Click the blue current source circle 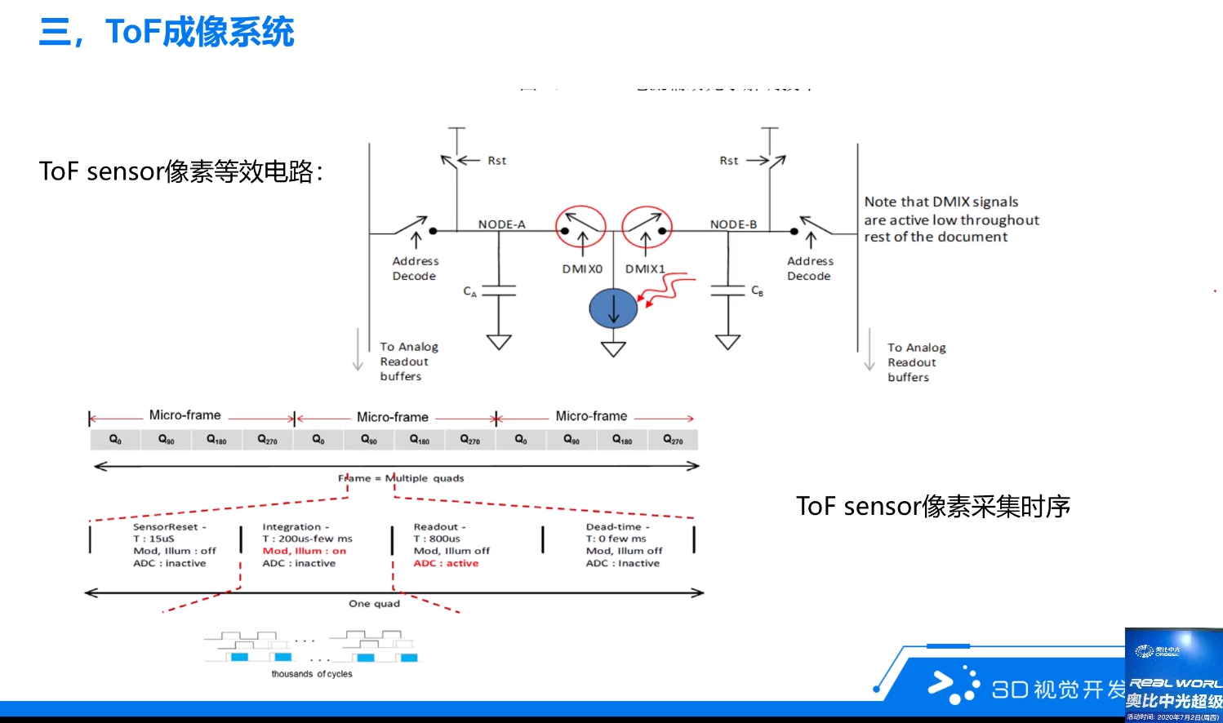tap(613, 308)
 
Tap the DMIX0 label tap(582, 268)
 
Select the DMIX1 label tap(645, 268)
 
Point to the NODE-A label tap(501, 224)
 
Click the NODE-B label tap(733, 224)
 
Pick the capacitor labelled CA tap(499, 291)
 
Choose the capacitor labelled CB tap(727, 291)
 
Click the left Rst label tap(496, 161)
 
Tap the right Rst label tap(729, 161)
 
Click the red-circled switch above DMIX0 tap(580, 226)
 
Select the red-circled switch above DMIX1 tap(647, 226)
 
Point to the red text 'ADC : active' tap(446, 563)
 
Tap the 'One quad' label tap(374, 604)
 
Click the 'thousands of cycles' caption tap(312, 674)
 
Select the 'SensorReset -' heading tap(170, 527)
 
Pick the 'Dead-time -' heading tap(617, 527)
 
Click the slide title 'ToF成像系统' tap(199, 33)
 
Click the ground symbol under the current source tap(613, 348)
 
